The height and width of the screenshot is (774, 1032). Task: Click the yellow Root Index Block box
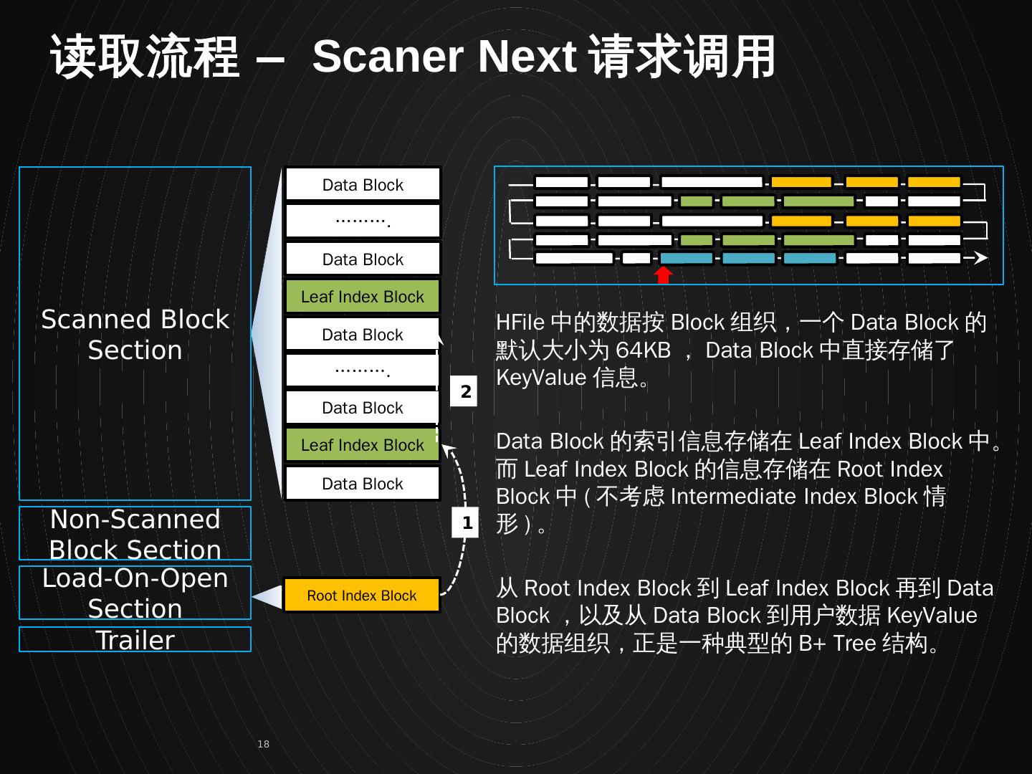(362, 596)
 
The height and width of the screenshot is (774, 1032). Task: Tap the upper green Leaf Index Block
(362, 297)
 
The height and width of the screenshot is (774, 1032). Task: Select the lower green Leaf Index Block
(362, 445)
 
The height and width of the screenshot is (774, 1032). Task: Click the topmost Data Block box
(362, 185)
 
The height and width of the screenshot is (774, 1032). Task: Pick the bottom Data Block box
(362, 484)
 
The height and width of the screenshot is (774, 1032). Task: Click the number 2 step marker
(464, 392)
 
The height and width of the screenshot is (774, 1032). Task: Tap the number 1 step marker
(466, 523)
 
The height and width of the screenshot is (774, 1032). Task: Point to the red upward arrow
(664, 274)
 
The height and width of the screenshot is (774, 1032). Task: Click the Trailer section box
(135, 640)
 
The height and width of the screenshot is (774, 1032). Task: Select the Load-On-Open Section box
(135, 593)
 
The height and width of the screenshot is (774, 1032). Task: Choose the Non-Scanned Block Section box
(135, 534)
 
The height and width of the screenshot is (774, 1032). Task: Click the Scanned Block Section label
(135, 335)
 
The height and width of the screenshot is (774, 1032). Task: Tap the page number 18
(263, 744)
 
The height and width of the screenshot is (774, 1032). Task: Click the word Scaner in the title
(388, 57)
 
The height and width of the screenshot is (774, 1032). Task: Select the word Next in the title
(527, 57)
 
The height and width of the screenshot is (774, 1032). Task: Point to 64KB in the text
(643, 350)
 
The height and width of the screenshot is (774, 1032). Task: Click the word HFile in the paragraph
(520, 322)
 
